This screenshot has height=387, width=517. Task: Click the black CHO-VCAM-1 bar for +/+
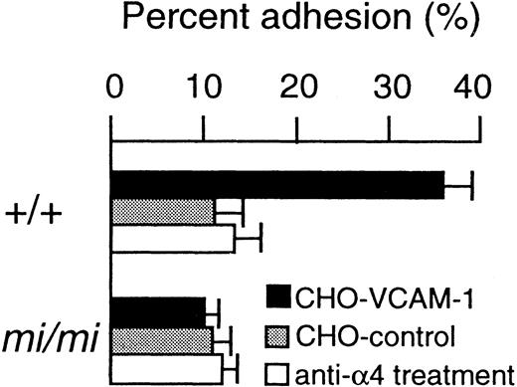[x=277, y=185]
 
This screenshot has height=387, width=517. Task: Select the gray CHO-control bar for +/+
[x=163, y=212]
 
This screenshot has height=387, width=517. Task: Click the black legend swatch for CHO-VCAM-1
[x=281, y=295]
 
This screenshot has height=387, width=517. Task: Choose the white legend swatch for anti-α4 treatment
[x=281, y=373]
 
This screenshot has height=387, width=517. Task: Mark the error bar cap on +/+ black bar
[x=471, y=185]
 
